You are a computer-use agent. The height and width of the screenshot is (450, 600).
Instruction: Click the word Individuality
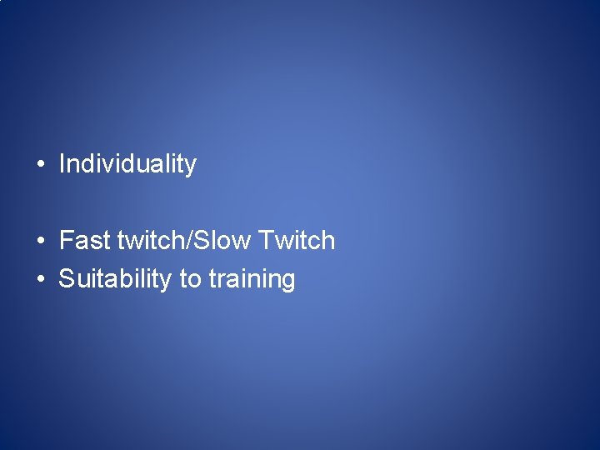[x=127, y=164]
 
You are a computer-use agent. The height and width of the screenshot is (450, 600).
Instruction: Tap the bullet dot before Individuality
[x=40, y=165]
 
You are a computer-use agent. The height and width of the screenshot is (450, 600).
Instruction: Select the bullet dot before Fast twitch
[x=40, y=242]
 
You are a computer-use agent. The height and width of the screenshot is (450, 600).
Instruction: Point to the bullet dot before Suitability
[x=40, y=280]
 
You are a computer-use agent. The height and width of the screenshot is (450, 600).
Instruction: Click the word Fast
[x=85, y=241]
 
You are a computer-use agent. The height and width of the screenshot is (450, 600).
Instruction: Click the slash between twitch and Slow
[x=195, y=241]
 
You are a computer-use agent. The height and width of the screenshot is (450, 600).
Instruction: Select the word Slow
[x=225, y=241]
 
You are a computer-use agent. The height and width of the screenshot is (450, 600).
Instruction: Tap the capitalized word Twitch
[x=297, y=241]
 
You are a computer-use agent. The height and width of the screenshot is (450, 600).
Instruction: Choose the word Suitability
[x=115, y=279]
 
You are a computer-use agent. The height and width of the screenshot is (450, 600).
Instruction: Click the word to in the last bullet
[x=190, y=279]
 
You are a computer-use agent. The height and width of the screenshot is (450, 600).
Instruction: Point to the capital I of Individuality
[x=62, y=163]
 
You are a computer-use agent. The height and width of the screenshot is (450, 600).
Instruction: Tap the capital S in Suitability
[x=67, y=279]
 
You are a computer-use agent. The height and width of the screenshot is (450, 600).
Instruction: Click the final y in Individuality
[x=190, y=167]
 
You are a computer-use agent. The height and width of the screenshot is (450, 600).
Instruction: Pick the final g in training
[x=287, y=282]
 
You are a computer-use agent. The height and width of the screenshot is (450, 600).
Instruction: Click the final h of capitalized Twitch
[x=328, y=241]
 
